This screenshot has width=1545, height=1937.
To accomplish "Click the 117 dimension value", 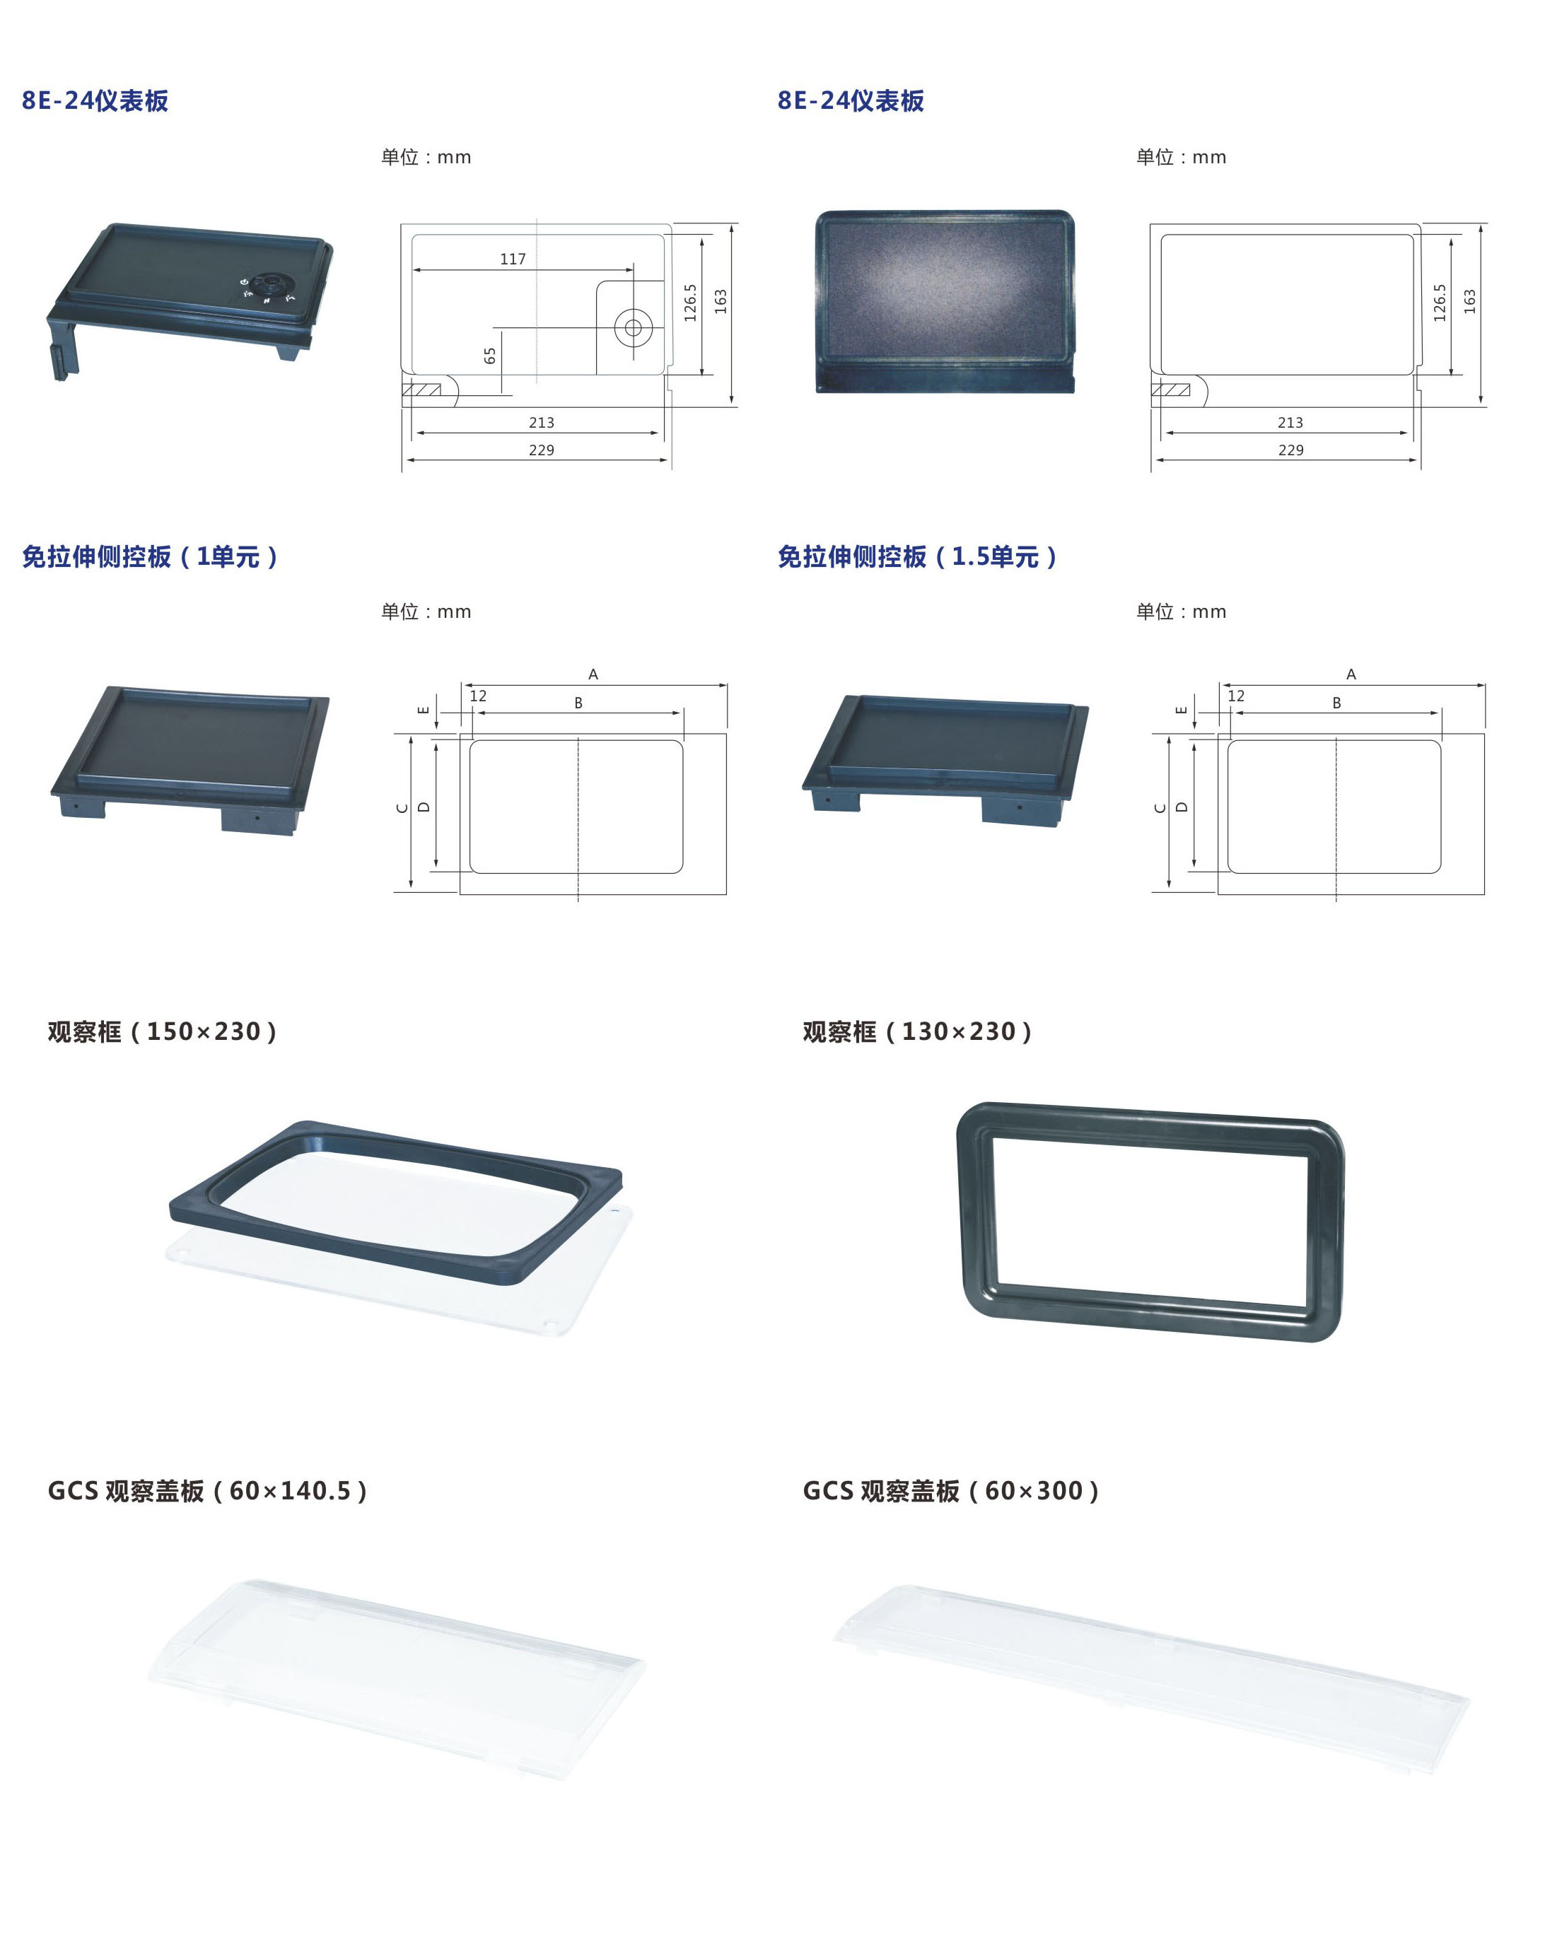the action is (x=513, y=259).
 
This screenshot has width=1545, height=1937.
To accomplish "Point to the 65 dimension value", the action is (x=490, y=356).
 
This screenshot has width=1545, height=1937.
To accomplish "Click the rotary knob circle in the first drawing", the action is (x=633, y=328).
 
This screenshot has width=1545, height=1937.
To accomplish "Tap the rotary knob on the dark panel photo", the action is (x=266, y=286).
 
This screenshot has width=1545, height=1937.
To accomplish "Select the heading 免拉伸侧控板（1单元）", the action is (x=150, y=557).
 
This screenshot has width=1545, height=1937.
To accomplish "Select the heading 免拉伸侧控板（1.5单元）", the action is (x=918, y=557).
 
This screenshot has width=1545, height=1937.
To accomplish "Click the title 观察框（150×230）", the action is (x=163, y=1031).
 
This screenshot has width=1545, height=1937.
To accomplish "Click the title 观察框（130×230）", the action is (x=918, y=1031).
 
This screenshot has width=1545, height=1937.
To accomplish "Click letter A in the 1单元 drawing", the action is (x=593, y=674).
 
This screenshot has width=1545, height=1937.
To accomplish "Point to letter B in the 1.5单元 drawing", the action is (x=1336, y=703).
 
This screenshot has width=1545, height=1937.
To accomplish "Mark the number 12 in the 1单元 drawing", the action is (x=478, y=696).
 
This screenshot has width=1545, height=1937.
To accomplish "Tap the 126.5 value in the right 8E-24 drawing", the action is (x=1440, y=303).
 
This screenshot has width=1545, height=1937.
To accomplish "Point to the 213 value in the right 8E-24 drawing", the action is (x=1290, y=422).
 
